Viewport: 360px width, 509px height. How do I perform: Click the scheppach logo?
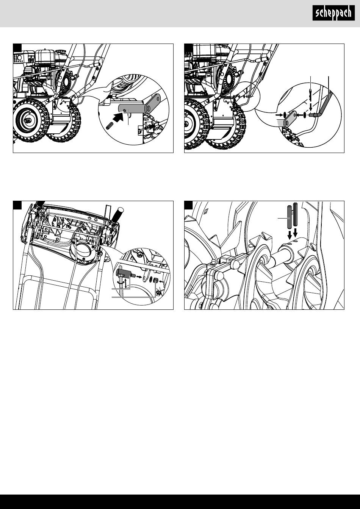click(333, 13)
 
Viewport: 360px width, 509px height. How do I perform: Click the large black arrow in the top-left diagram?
click(119, 117)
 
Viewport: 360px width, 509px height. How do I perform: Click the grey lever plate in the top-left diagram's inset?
click(139, 108)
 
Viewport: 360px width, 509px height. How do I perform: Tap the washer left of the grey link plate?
click(284, 115)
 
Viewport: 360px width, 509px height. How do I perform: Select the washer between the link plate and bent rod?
click(305, 115)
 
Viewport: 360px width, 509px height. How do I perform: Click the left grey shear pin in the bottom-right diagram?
click(290, 217)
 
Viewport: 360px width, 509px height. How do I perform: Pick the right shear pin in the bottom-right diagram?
click(296, 214)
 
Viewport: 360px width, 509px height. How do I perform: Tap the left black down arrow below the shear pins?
click(290, 235)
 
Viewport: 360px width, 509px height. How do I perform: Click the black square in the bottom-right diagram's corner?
click(188, 205)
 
